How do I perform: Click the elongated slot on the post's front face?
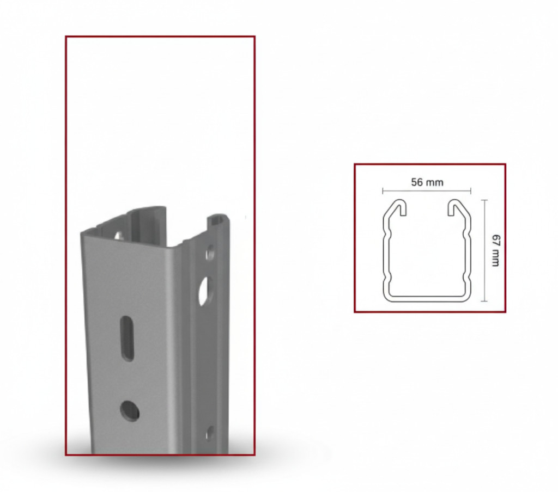[x=127, y=338]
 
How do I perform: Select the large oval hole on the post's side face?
[x=205, y=291]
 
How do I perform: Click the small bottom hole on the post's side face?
[x=210, y=434]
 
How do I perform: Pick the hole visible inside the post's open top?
[x=118, y=235]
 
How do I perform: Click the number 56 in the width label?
[x=417, y=182]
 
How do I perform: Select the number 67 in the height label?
[x=495, y=240]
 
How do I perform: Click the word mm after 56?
[x=434, y=183]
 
